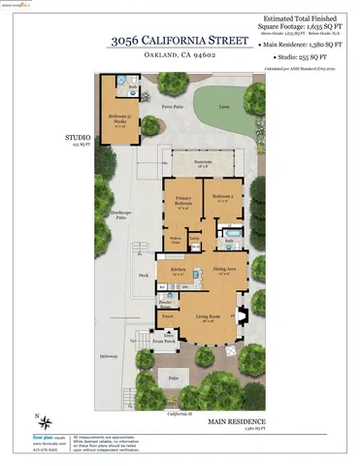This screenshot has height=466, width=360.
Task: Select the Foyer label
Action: [x=167, y=316]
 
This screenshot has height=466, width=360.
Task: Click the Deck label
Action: [x=144, y=275]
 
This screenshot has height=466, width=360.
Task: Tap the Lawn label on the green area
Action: [x=224, y=107]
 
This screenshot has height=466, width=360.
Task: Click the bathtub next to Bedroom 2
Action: [x=233, y=233]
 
